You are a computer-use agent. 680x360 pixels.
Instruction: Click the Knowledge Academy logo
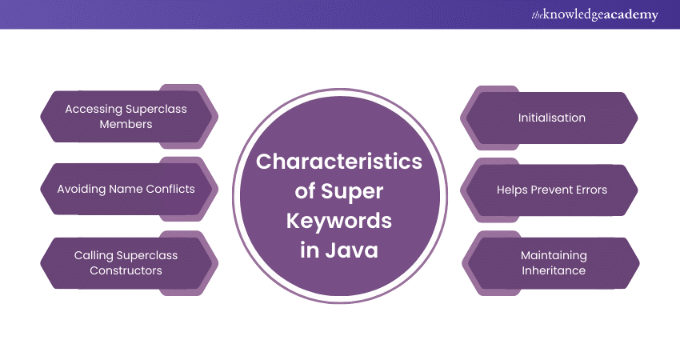(x=594, y=14)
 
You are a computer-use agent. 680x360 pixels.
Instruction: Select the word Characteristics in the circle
(x=339, y=162)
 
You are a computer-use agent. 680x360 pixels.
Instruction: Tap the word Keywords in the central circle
(x=339, y=221)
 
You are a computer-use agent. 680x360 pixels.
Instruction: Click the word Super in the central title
(x=352, y=192)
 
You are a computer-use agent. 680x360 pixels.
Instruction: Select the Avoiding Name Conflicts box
(x=130, y=189)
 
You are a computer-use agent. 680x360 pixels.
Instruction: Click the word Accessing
(x=94, y=110)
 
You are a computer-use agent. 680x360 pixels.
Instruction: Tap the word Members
(x=126, y=124)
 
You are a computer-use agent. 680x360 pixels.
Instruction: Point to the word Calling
(x=94, y=255)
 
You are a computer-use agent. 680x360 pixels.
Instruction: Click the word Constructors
(x=126, y=270)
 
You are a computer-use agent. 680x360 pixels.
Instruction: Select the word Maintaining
(x=554, y=255)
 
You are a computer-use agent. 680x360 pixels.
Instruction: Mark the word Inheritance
(x=554, y=270)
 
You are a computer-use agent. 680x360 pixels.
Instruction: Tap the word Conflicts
(x=170, y=189)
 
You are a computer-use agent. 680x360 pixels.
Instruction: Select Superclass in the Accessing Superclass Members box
(x=156, y=110)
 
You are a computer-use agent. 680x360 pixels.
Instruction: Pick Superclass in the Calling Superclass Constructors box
(x=147, y=255)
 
